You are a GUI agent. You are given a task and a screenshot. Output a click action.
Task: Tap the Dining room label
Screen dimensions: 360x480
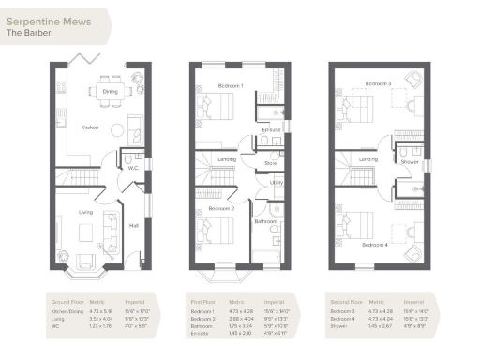pos(111,92)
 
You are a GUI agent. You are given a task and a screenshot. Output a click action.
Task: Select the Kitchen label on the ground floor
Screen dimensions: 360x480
pos(90,127)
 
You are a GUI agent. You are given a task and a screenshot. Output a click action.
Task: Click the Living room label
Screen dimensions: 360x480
pos(86,213)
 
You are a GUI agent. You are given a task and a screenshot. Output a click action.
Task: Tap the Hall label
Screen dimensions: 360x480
pos(133,225)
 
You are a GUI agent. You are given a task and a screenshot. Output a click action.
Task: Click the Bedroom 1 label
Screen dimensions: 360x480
pos(231,86)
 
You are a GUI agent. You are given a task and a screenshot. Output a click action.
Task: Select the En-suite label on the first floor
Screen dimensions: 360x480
pos(272,129)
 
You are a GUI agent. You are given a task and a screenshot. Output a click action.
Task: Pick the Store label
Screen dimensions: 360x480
pos(271,163)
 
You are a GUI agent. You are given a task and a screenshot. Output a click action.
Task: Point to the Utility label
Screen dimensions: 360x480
pos(277,183)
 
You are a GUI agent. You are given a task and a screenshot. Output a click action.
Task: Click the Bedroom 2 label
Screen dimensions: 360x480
pos(221,208)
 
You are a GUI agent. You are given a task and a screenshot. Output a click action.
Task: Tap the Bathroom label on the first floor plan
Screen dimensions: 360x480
pos(265,221)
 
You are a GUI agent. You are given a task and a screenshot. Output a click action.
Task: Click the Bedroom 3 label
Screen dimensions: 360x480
pos(378,83)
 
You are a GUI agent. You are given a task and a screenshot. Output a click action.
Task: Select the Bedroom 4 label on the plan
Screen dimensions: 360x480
pos(374,244)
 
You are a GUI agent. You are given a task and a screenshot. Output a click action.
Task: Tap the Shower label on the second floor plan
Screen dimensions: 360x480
pos(410,161)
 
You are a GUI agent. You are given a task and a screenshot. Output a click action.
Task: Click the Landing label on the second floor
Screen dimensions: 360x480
pos(368,159)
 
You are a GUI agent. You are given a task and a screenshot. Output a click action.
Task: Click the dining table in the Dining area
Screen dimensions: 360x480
pos(111,91)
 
